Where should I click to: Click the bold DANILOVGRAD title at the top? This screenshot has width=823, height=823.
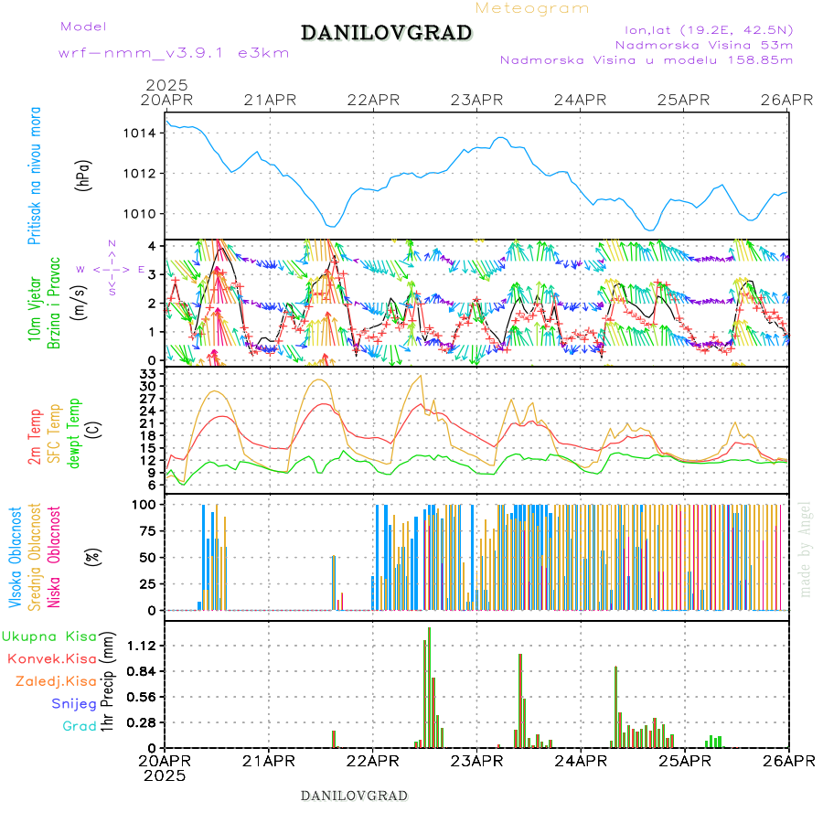pyautogui.click(x=386, y=33)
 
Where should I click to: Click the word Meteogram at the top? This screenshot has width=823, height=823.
pyautogui.click(x=532, y=8)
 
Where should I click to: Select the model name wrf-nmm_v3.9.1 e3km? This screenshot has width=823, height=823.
pyautogui.click(x=174, y=52)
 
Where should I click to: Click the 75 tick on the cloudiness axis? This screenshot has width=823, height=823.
pyautogui.click(x=148, y=530)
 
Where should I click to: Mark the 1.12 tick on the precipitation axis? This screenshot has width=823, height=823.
pyautogui.click(x=144, y=646)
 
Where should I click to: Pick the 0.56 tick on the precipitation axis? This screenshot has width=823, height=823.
pyautogui.click(x=144, y=697)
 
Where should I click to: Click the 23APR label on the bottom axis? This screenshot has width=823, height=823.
pyautogui.click(x=476, y=761)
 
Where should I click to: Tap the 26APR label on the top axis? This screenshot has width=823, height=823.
pyautogui.click(x=787, y=100)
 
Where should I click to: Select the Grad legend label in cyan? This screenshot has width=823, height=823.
pyautogui.click(x=79, y=727)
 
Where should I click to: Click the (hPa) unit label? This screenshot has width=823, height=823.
pyautogui.click(x=83, y=175)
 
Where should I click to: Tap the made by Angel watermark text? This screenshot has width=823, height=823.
pyautogui.click(x=805, y=549)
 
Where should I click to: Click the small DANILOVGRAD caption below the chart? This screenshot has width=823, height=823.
pyautogui.click(x=354, y=796)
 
